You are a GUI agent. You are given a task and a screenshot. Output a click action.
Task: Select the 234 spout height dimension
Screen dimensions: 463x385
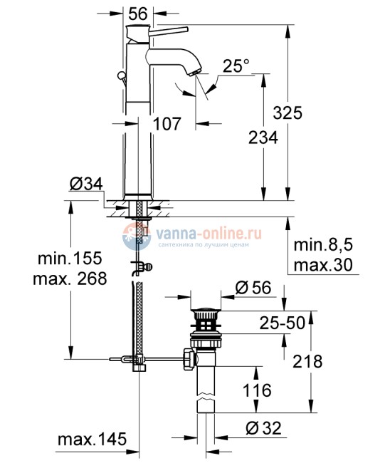(x=263, y=140)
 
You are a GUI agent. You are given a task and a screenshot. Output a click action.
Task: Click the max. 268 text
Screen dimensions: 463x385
(x=69, y=279)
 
